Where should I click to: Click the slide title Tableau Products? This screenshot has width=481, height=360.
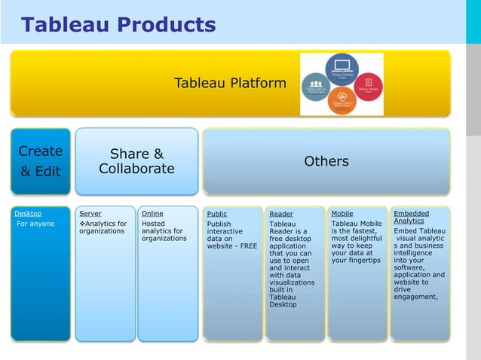[x=118, y=25]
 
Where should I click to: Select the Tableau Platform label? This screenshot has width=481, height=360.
[x=230, y=83]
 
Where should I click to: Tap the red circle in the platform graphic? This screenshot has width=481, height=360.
[x=367, y=85]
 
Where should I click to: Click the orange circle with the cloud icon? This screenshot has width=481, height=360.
[x=342, y=101]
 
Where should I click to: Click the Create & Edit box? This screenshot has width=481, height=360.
[x=40, y=161]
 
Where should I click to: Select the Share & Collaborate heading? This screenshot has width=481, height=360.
[x=136, y=161]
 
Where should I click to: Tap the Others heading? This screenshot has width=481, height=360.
[x=326, y=161]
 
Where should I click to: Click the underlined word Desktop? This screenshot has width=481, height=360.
[x=28, y=214]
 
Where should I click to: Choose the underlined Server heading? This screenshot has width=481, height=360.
[x=90, y=214]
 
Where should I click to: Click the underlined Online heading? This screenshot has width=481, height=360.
[x=152, y=214]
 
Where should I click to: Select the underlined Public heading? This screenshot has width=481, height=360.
[x=216, y=215]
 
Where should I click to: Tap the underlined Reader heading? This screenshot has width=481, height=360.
[x=280, y=215]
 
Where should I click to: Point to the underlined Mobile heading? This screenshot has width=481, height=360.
[x=342, y=214]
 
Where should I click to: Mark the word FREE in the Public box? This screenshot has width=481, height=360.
[x=248, y=246]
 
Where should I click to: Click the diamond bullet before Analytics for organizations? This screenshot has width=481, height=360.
[x=82, y=224]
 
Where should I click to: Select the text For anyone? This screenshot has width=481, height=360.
[x=35, y=224]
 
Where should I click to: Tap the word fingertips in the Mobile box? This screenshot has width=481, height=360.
[x=363, y=261]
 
